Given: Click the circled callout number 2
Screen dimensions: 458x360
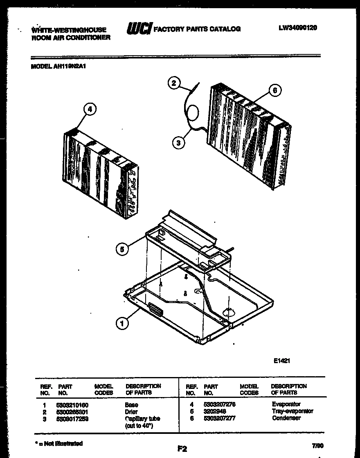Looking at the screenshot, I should pyautogui.click(x=174, y=83).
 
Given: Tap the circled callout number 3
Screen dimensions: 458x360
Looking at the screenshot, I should pyautogui.click(x=178, y=143).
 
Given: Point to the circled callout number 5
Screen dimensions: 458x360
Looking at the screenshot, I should pyautogui.click(x=122, y=249).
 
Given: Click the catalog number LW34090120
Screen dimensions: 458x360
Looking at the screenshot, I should pyautogui.click(x=298, y=28).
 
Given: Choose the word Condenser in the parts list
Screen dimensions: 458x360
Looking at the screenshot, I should pyautogui.click(x=286, y=418).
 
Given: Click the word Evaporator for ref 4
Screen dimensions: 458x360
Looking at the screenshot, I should pyautogui.click(x=286, y=404).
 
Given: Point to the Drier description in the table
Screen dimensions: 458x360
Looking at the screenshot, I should pyautogui.click(x=131, y=412).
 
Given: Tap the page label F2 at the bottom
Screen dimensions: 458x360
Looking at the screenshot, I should pyautogui.click(x=182, y=449).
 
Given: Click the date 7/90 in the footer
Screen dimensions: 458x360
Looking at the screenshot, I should pyautogui.click(x=317, y=446).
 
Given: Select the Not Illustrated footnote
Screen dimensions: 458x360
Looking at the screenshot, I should pyautogui.click(x=58, y=443).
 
